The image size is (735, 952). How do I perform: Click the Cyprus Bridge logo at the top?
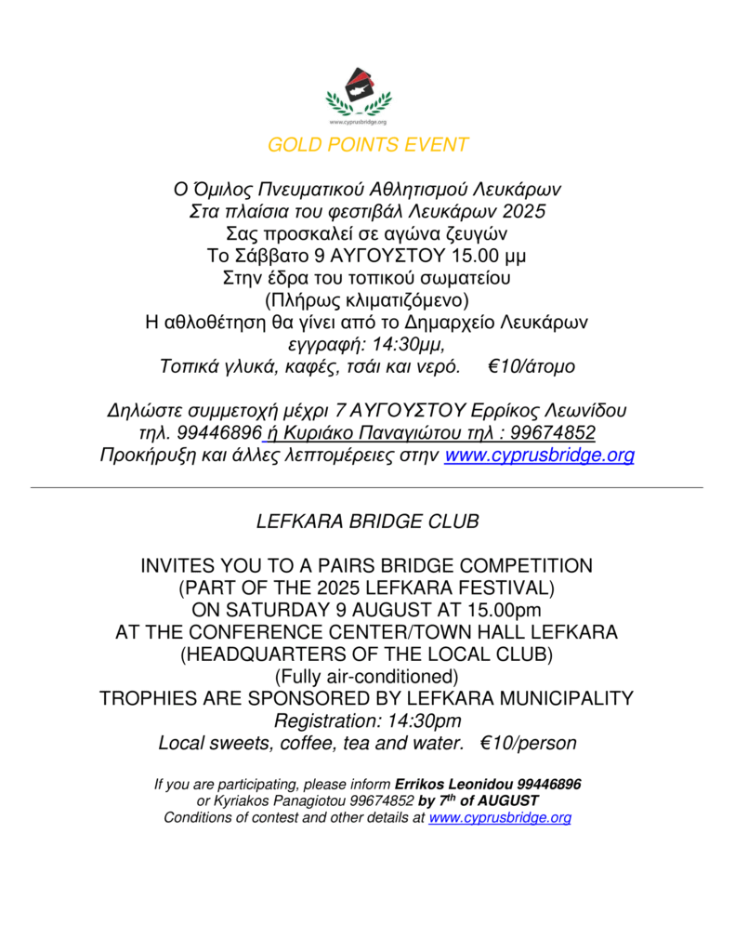tap(359, 95)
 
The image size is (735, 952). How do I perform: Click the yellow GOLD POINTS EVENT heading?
tap(368, 145)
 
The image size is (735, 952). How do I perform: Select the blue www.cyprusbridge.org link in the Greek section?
tap(540, 456)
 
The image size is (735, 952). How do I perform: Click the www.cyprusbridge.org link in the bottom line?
tap(500, 818)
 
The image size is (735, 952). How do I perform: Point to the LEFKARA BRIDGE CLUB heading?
tap(367, 522)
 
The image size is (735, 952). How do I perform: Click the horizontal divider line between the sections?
tap(367, 487)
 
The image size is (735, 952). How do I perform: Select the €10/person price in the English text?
tap(528, 744)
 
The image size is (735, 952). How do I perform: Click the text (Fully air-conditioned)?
tap(367, 676)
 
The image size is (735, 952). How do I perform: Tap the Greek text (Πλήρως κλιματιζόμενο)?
tap(367, 299)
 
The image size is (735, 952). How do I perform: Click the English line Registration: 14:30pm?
tap(367, 721)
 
